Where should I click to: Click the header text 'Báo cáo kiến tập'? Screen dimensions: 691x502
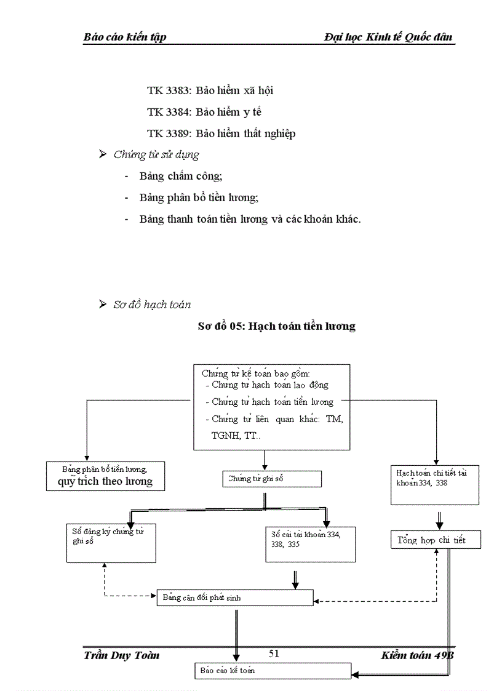click(x=125, y=37)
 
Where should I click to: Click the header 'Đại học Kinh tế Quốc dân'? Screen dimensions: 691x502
click(x=388, y=37)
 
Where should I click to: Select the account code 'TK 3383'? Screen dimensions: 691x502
click(x=169, y=90)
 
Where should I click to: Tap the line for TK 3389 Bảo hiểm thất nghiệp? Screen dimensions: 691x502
click(x=221, y=134)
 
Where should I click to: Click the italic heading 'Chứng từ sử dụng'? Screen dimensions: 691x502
click(x=156, y=155)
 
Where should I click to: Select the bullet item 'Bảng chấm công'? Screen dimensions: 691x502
click(x=181, y=177)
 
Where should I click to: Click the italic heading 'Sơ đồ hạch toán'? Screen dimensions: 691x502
click(x=152, y=305)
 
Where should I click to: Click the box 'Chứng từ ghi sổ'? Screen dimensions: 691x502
click(x=272, y=479)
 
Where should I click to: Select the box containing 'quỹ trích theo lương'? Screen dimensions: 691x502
click(x=106, y=476)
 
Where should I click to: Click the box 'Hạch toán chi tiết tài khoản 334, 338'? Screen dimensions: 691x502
click(x=434, y=484)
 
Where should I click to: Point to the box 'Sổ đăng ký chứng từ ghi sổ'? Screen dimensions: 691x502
click(x=111, y=543)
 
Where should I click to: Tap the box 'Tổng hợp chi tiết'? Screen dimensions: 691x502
click(x=436, y=540)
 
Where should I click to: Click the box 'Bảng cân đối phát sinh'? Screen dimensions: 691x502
click(x=234, y=597)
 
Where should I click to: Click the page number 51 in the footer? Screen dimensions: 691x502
click(x=274, y=653)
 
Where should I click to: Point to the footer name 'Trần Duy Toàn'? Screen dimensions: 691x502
click(x=121, y=655)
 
